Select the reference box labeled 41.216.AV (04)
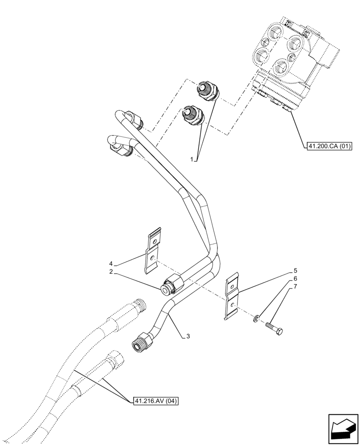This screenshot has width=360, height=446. point(155,401)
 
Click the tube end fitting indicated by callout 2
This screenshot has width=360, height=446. point(170,286)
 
